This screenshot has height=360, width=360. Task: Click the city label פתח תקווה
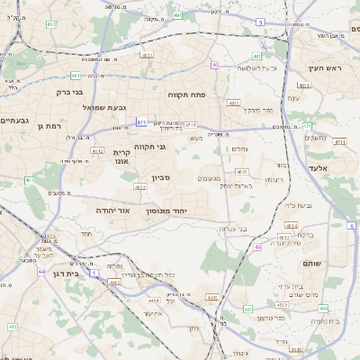pyautogui.click(x=187, y=94)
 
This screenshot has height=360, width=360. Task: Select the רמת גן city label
pyautogui.click(x=47, y=126)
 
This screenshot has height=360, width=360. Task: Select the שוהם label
pyautogui.click(x=323, y=262)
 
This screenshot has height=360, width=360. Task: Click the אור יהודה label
pyautogui.click(x=113, y=210)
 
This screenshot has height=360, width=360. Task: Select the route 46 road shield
pyautogui.click(x=258, y=246)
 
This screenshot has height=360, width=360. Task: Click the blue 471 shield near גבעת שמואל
pyautogui.click(x=141, y=121)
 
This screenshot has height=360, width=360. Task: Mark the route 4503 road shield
pyautogui.click(x=212, y=296)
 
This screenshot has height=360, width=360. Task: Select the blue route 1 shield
pyautogui.click(x=10, y=326)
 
